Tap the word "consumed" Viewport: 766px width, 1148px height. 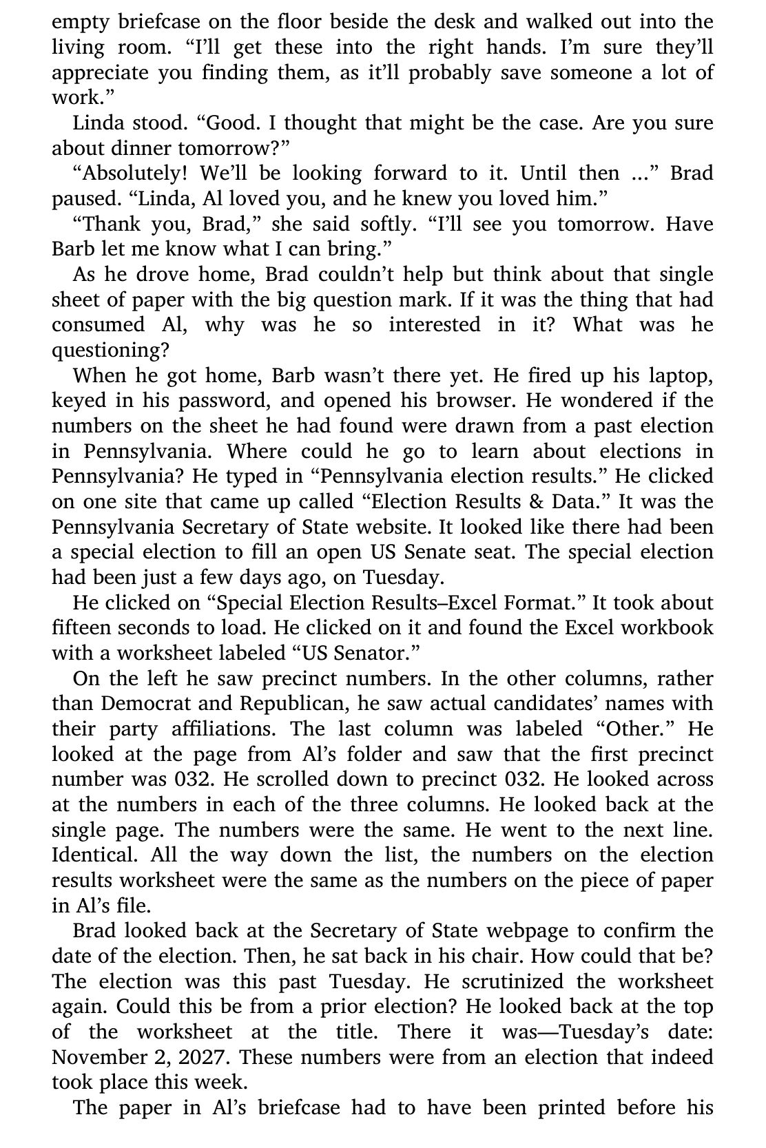[98, 324]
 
